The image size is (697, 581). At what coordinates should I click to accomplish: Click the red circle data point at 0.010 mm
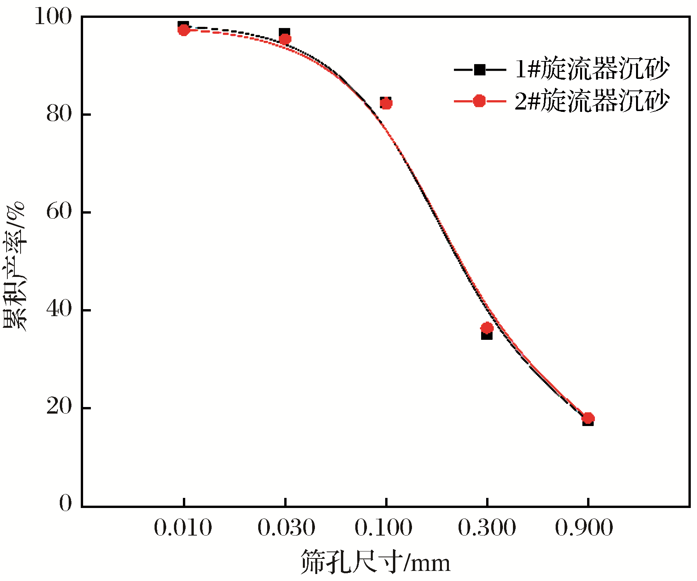coord(184,30)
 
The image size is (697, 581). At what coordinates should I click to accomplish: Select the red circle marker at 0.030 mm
coord(285,39)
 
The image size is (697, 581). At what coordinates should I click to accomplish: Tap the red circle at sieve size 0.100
coord(386,104)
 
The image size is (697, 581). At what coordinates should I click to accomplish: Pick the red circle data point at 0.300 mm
coord(487,328)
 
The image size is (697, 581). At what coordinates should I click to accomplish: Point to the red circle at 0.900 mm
coord(588,418)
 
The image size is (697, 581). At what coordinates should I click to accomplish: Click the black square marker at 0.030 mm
coord(284,33)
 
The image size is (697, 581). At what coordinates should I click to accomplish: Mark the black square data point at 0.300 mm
coord(487,335)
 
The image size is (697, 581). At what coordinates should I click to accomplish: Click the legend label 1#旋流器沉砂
coord(592,69)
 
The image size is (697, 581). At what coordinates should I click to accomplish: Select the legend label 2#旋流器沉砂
coord(592,101)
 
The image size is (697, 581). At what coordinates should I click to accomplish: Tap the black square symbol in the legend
coord(480,70)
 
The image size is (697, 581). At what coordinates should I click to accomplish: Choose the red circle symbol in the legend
coord(480,101)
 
